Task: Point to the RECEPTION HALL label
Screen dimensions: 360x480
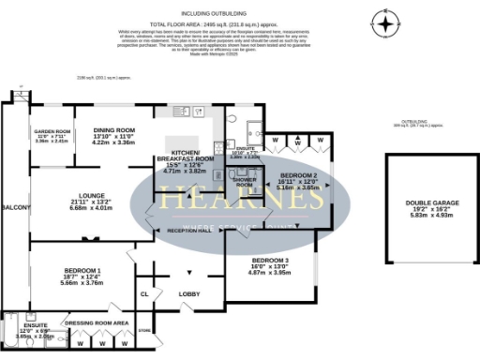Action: tap(188, 230)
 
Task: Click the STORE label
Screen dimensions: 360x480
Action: tap(143, 330)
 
